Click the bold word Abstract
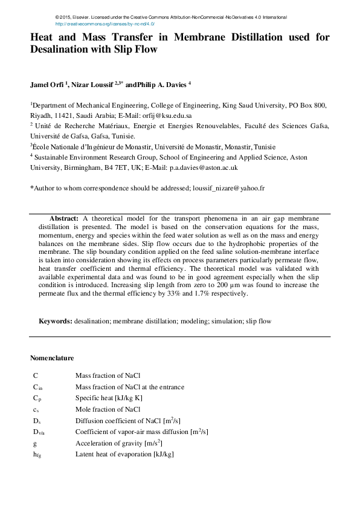point(63,217)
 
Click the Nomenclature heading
point(52,358)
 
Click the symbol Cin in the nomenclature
point(37,387)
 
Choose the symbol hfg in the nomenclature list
point(37,454)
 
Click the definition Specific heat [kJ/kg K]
point(109,398)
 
